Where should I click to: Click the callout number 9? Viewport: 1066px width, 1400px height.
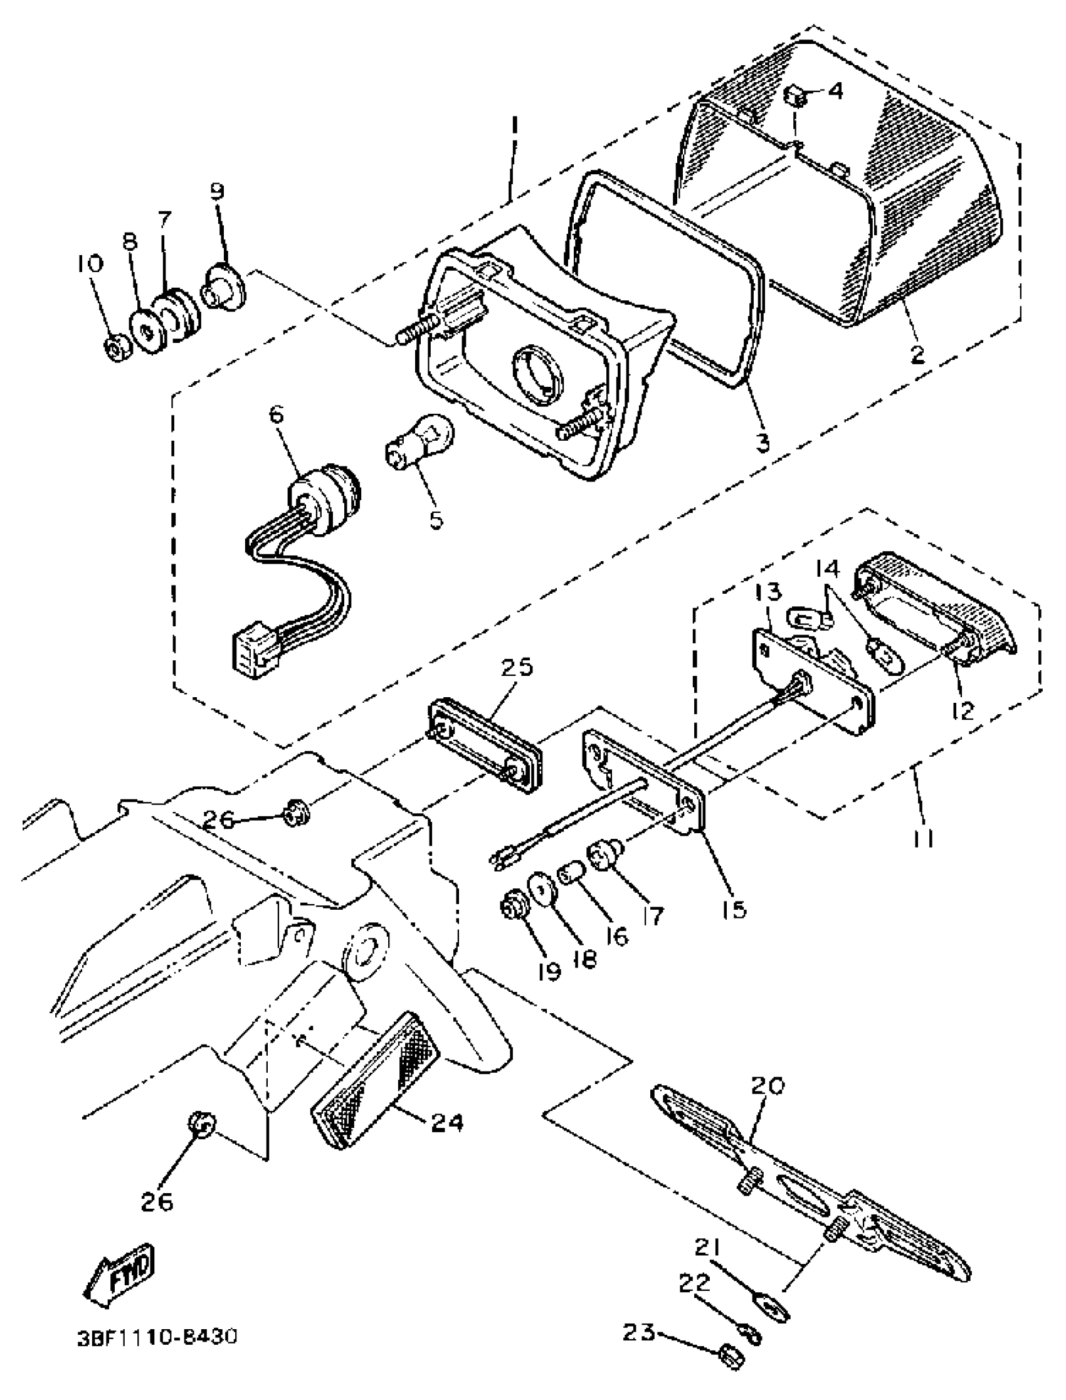point(218,192)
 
